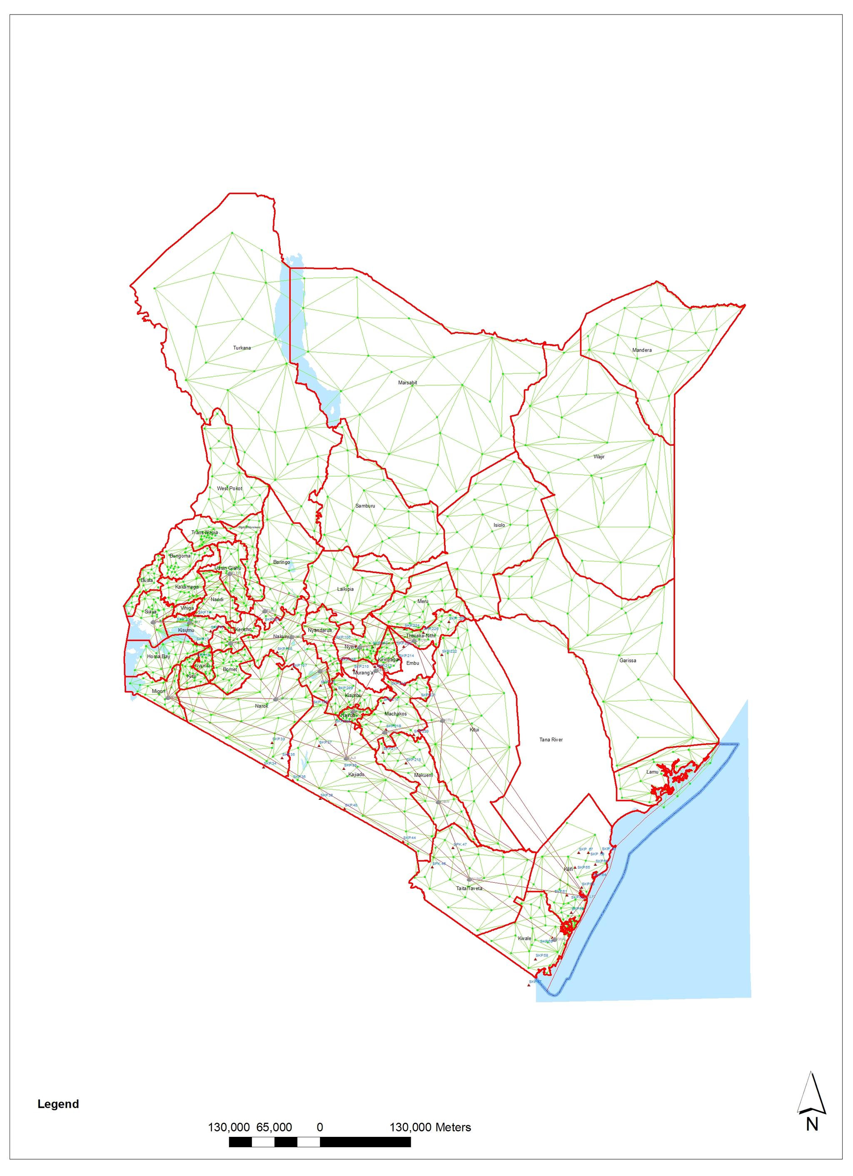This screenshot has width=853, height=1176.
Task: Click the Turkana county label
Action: coord(242,348)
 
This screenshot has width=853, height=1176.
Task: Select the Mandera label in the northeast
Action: coord(641,350)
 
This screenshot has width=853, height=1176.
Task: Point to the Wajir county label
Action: coord(599,457)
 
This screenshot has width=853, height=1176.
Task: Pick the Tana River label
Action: coord(551,739)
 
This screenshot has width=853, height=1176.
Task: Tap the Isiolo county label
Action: coord(499,525)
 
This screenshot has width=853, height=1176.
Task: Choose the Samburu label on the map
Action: coord(365,506)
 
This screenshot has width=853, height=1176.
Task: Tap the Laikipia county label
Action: coord(345,589)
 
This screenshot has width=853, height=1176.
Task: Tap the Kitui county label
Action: coord(474,729)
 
